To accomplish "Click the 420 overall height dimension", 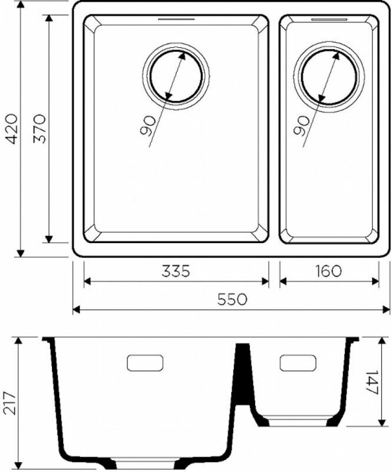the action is [x=12, y=129].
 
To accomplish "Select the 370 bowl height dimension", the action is [x=39, y=129].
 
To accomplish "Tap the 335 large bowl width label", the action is [x=176, y=271].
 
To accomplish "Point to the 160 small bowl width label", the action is [x=328, y=271].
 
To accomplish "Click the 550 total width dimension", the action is [x=232, y=300].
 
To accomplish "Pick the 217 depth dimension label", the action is [x=11, y=404].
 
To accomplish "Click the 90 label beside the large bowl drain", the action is [x=148, y=126].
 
